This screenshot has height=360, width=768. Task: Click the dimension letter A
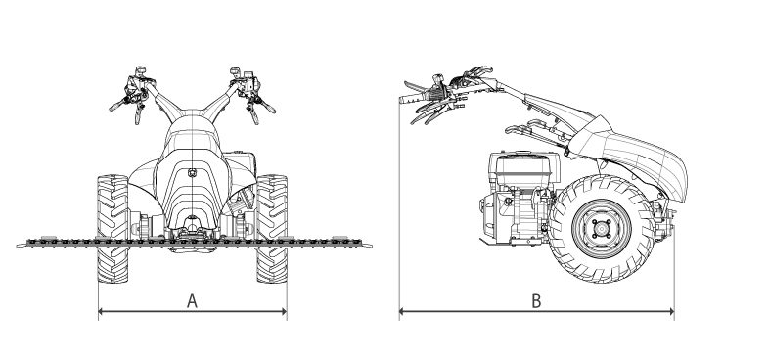click(x=192, y=300)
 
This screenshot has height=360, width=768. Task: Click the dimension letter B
click(x=536, y=300)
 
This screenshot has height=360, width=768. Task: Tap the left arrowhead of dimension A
click(x=102, y=311)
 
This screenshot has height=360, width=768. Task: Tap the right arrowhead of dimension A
click(x=284, y=311)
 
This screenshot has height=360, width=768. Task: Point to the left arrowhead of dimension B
click(x=402, y=311)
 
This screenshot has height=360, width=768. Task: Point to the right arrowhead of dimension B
click(x=671, y=311)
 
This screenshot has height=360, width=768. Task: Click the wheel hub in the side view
click(x=602, y=229)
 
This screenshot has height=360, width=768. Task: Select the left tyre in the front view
click(x=113, y=228)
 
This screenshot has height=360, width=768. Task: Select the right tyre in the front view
click(x=272, y=228)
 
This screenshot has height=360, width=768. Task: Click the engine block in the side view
click(x=520, y=199)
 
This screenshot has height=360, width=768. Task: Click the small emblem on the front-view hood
click(x=192, y=172)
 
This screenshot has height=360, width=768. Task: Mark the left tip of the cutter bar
click(x=18, y=245)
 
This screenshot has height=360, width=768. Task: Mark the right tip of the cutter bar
click(x=370, y=245)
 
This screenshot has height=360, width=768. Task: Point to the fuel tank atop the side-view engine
click(x=523, y=164)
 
